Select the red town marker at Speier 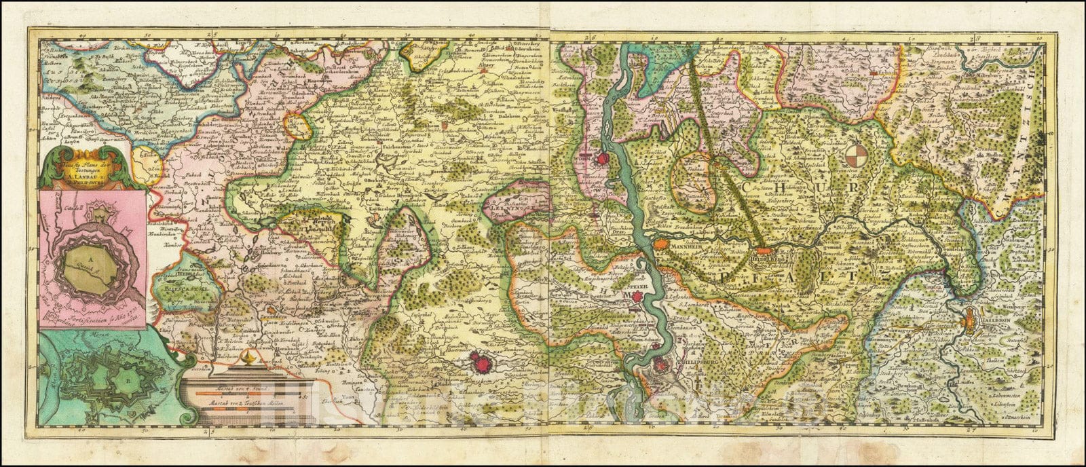[x=637, y=297]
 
